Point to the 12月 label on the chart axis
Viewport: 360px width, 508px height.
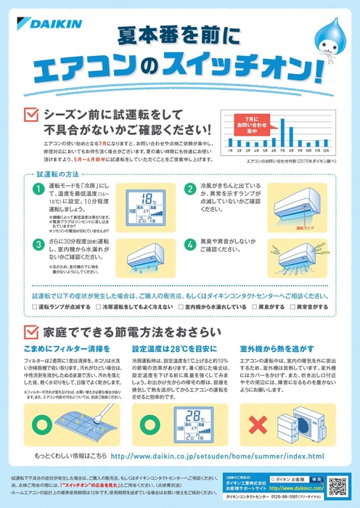327,151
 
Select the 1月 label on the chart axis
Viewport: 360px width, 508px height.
230,151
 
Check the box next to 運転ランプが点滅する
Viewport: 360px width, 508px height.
36,308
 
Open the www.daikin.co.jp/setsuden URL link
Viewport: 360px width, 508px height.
218,456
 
